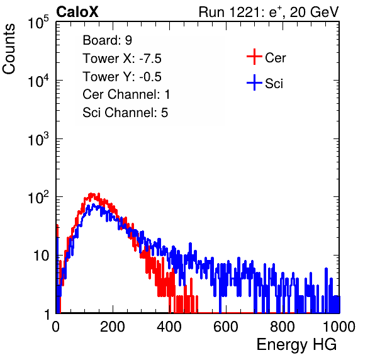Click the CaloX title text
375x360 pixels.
click(x=77, y=12)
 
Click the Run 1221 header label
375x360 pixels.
click(x=269, y=12)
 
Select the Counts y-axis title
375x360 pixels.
click(x=9, y=49)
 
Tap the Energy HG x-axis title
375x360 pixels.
click(x=296, y=344)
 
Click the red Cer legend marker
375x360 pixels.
click(x=254, y=57)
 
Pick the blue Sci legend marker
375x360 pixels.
click(x=254, y=82)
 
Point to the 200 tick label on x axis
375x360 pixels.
click(x=113, y=327)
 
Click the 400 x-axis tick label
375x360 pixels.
click(x=169, y=327)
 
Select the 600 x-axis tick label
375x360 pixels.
click(x=226, y=327)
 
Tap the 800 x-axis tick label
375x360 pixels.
click(x=283, y=327)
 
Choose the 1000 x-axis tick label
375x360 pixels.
click(x=339, y=327)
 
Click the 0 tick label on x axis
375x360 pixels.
click(x=56, y=327)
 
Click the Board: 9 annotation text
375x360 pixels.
click(x=107, y=40)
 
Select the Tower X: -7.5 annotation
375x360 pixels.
click(x=122, y=59)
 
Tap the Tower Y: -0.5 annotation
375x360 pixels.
click(x=122, y=77)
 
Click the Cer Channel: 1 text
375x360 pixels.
click(x=126, y=94)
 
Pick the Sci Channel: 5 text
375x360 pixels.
click(x=125, y=113)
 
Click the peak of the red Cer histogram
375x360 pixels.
click(x=91, y=194)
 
